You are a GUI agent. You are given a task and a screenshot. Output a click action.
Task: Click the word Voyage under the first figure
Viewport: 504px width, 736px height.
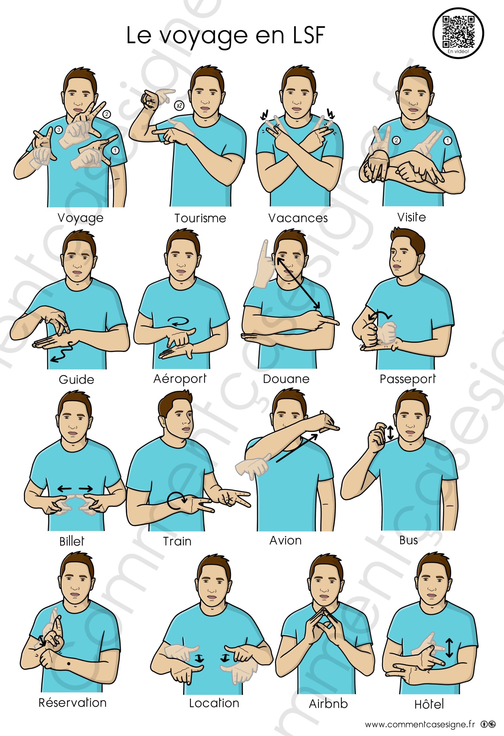[81, 218]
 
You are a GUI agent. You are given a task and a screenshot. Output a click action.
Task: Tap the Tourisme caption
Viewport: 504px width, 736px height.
[200, 218]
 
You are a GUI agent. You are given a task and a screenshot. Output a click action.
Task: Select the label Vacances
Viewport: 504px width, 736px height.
[298, 218]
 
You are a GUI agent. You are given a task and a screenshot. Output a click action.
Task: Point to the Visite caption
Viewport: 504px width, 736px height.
[411, 217]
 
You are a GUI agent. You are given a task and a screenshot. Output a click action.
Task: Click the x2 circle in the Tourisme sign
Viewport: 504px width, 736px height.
[179, 106]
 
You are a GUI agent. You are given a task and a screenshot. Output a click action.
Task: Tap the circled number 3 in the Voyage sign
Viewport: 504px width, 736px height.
[58, 130]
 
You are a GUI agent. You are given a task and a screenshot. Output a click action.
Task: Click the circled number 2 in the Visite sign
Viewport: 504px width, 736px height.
[396, 140]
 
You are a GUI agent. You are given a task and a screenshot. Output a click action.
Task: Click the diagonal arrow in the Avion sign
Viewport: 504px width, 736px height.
[296, 448]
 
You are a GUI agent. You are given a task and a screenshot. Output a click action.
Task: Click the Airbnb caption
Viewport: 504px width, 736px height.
[328, 704]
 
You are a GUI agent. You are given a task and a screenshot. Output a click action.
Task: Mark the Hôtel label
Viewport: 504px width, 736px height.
[429, 704]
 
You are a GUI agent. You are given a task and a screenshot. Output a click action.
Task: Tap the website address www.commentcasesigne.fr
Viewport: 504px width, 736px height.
[420, 724]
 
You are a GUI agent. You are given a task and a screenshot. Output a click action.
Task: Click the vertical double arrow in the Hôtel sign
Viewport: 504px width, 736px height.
[449, 648]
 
